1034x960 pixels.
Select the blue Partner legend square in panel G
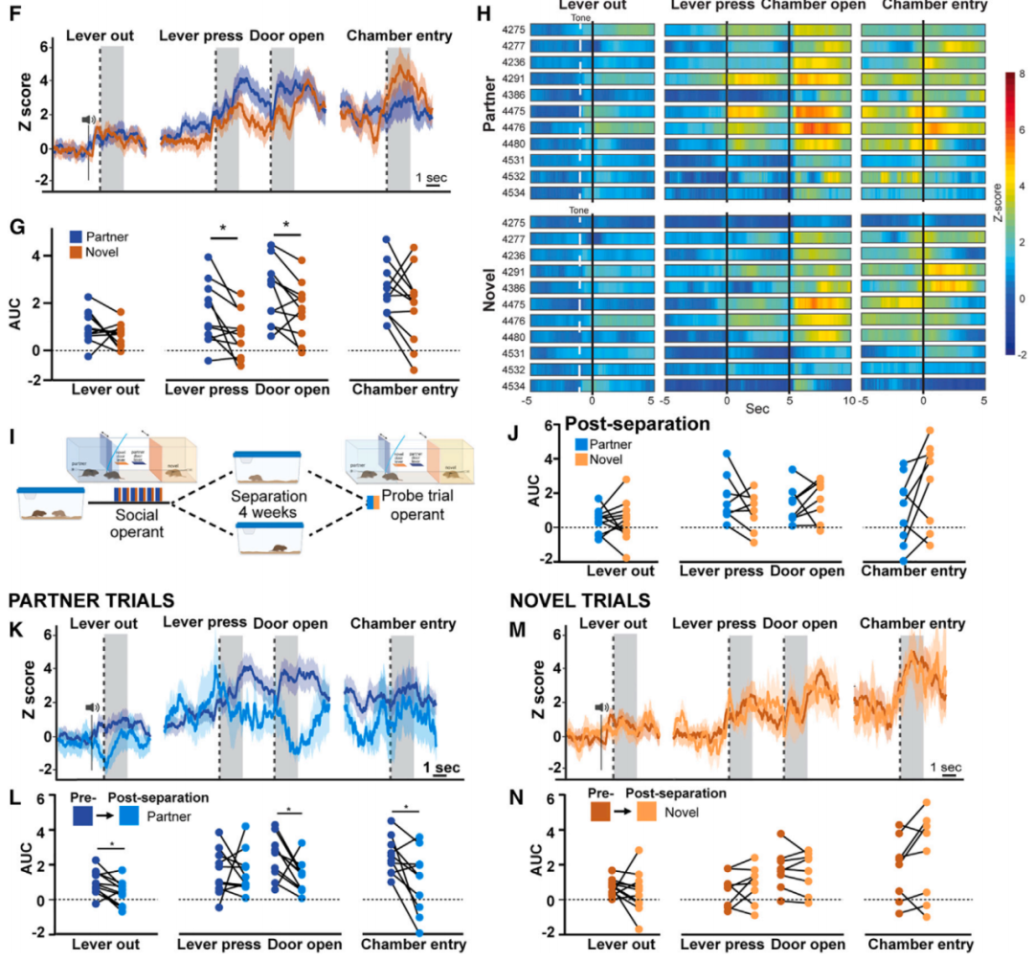coord(76,236)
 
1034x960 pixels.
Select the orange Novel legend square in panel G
coord(76,252)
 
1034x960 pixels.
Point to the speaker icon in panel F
coord(88,120)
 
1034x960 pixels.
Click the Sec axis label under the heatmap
coord(756,406)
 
